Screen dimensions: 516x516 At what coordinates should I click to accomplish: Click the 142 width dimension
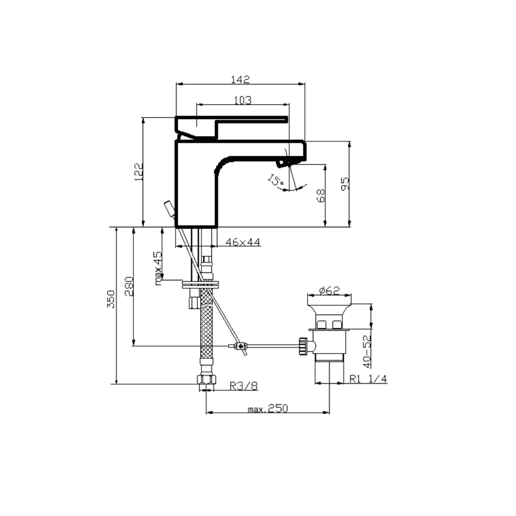(x=240, y=79)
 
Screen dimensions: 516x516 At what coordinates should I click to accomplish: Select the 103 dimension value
(x=243, y=100)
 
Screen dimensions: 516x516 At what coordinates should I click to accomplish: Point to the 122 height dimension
(x=139, y=172)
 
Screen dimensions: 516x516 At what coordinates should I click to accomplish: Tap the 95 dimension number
(x=345, y=184)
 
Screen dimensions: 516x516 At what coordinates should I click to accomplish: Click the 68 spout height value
(x=321, y=195)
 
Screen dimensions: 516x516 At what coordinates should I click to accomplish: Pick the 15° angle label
(x=276, y=180)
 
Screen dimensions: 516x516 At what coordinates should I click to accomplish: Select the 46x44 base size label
(x=243, y=242)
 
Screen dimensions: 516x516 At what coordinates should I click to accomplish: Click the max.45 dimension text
(x=158, y=268)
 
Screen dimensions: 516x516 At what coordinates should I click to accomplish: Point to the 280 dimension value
(x=129, y=286)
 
